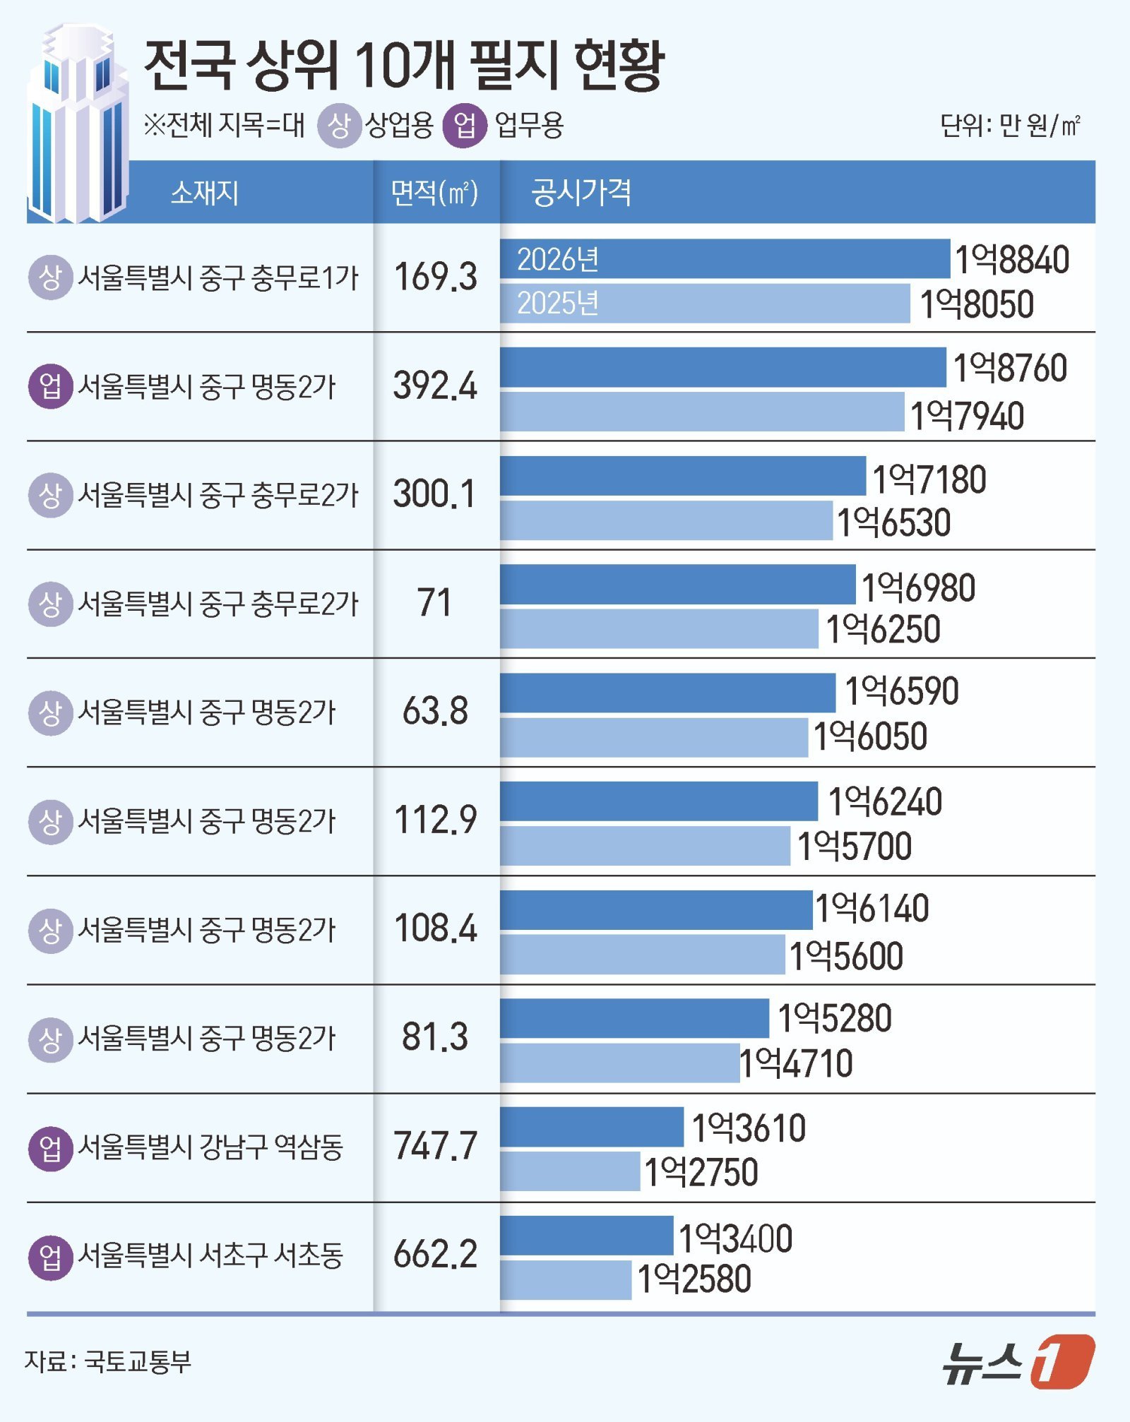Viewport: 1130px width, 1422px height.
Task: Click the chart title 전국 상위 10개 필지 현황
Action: click(x=404, y=65)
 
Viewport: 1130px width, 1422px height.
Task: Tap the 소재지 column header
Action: click(x=205, y=192)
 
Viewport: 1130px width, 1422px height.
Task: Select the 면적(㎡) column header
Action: click(x=435, y=192)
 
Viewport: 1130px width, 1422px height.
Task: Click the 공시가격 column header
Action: click(x=581, y=192)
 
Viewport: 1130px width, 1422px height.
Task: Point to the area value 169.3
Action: click(x=435, y=277)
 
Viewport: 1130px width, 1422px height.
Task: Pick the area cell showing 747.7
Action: click(x=435, y=1146)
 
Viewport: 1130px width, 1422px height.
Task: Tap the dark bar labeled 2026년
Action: click(x=725, y=259)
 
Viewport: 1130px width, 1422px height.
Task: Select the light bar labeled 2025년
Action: click(x=705, y=304)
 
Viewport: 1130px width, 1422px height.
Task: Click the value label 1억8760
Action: click(x=1010, y=368)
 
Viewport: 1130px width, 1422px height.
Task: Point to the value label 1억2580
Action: click(x=694, y=1279)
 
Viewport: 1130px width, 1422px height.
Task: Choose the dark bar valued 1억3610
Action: click(x=592, y=1127)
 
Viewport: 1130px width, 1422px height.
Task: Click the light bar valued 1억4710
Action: click(x=619, y=1063)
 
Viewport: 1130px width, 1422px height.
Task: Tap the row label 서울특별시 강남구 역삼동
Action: click(x=210, y=1147)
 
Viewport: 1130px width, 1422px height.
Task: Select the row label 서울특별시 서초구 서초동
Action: click(x=210, y=1255)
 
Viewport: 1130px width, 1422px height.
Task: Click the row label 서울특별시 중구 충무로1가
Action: click(x=218, y=277)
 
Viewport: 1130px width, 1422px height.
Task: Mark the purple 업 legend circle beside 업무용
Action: click(x=465, y=126)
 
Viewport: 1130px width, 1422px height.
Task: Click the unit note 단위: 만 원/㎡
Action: click(x=1010, y=126)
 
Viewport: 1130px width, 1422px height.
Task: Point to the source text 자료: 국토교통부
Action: click(x=108, y=1361)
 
